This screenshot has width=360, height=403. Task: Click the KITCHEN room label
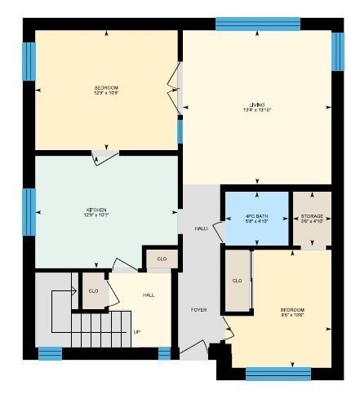(x=96, y=210)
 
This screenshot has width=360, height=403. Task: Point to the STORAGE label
(x=312, y=215)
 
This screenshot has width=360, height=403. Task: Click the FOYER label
(x=199, y=311)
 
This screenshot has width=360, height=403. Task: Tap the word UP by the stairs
(x=136, y=333)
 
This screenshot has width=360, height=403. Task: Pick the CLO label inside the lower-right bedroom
(x=238, y=281)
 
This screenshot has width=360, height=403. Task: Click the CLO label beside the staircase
(x=93, y=290)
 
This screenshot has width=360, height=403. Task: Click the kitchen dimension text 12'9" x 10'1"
(x=96, y=215)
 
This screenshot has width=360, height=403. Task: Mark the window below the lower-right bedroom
(x=278, y=374)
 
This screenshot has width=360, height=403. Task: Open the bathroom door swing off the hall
(x=218, y=231)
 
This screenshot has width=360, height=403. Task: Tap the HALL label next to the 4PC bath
(x=200, y=229)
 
